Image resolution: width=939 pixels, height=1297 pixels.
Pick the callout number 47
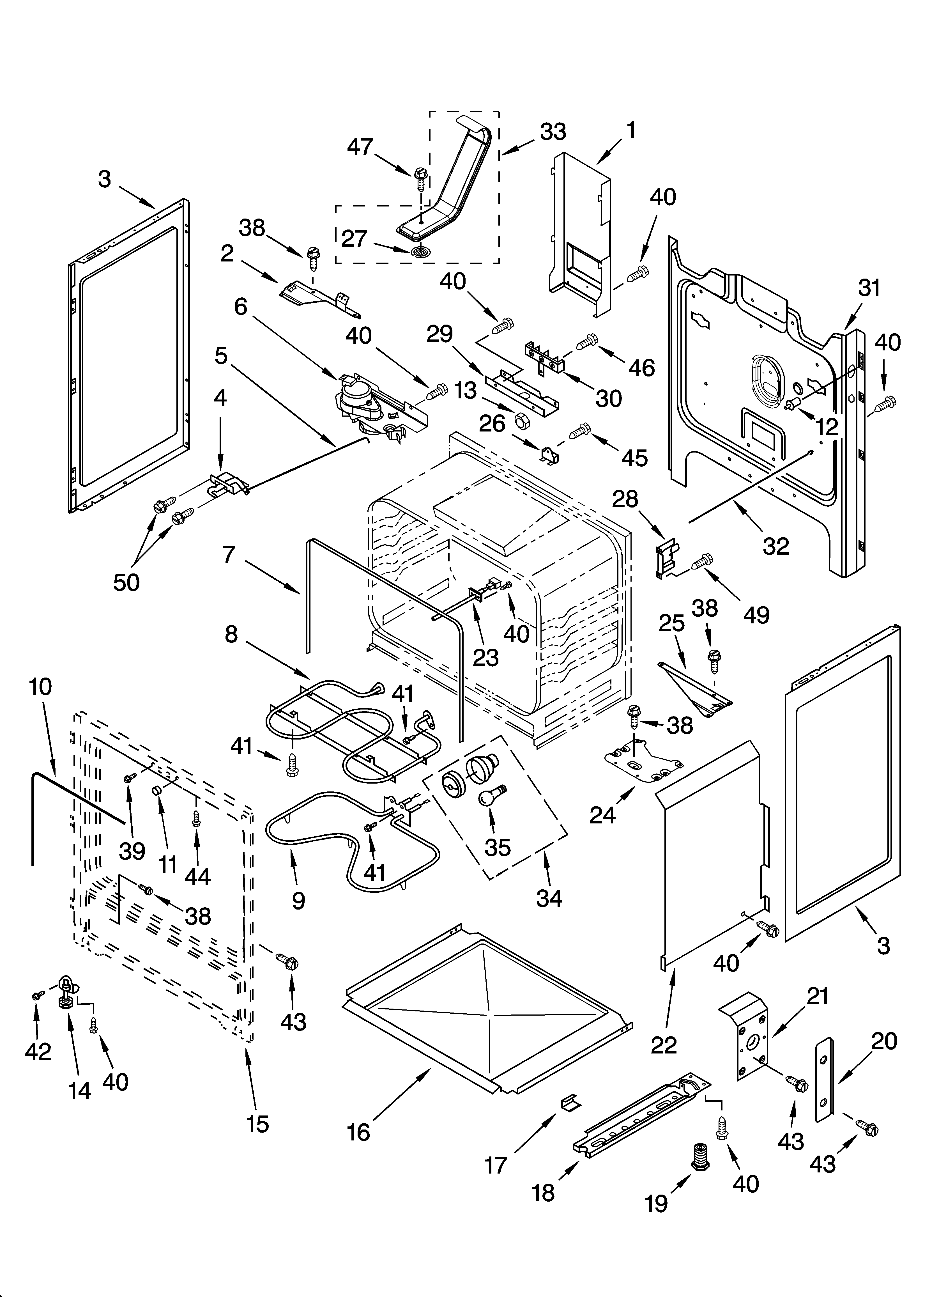360,147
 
